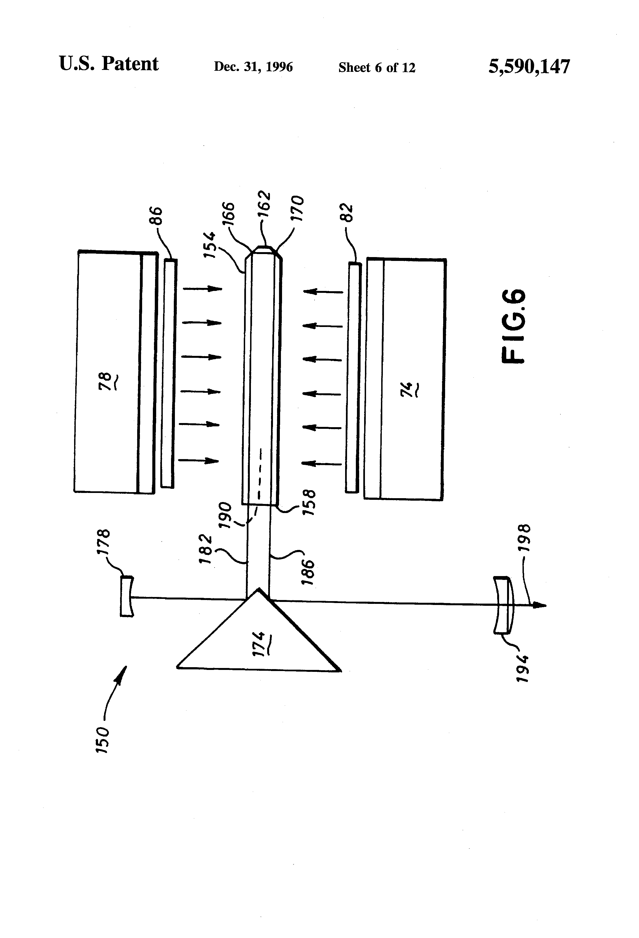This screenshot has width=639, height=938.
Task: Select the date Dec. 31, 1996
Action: (253, 67)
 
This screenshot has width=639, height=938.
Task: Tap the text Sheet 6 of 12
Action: (377, 67)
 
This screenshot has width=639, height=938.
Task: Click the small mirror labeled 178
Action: (126, 596)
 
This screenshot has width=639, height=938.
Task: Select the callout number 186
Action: (308, 572)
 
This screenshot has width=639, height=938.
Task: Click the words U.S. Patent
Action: (109, 64)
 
